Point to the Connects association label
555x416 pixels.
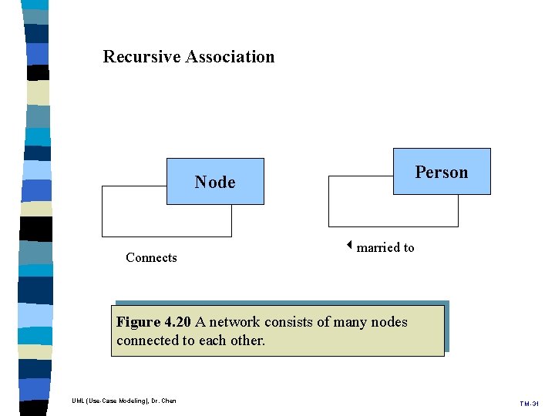click(x=151, y=258)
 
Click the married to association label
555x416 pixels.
click(x=385, y=247)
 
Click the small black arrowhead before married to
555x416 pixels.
click(x=348, y=247)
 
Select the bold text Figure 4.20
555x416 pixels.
click(x=153, y=322)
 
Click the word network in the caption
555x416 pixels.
click(x=234, y=322)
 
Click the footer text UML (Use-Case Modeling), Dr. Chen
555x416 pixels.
click(x=123, y=401)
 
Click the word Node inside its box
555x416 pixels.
click(x=215, y=183)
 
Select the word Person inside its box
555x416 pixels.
click(x=442, y=173)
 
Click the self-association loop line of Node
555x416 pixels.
click(x=103, y=212)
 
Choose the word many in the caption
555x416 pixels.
click(x=350, y=322)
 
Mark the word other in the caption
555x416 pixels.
click(x=246, y=341)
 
